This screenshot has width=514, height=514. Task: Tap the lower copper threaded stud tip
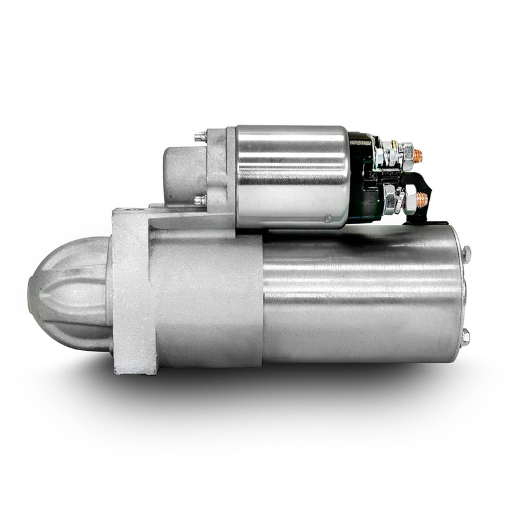coord(422,198)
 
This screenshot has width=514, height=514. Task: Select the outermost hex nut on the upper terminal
coord(406,153)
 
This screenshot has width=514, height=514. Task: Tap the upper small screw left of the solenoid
coord(200,136)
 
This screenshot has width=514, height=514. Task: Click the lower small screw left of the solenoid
coord(200,200)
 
